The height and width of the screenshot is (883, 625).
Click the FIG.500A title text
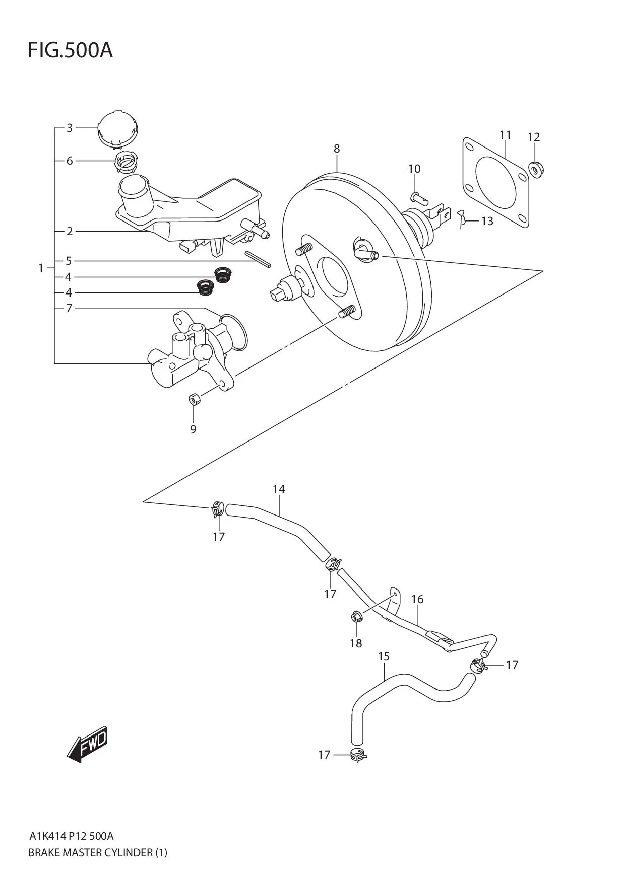70,50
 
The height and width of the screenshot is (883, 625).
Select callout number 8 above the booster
337,149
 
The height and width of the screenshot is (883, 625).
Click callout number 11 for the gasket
505,135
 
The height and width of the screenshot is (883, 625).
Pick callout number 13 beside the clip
487,221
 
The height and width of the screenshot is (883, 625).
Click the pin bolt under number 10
419,197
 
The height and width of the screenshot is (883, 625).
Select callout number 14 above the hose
279,489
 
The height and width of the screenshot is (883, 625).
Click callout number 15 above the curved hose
384,656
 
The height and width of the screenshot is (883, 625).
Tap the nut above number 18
356,616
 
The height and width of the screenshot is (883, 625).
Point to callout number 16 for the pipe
417,599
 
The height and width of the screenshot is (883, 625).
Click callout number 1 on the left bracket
41,268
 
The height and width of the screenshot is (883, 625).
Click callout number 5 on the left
69,261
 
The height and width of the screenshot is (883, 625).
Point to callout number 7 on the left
69,308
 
